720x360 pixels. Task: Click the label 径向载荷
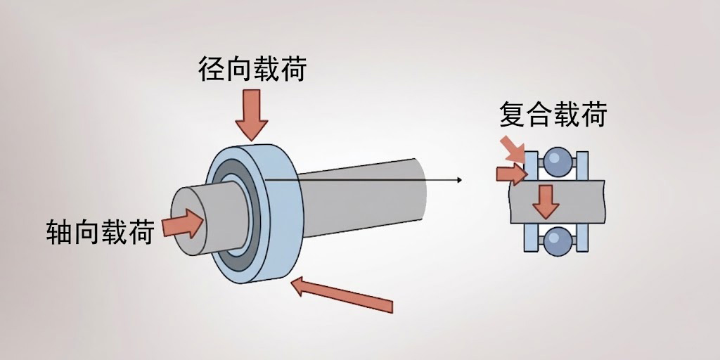(252, 70)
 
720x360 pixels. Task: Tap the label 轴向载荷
(99, 231)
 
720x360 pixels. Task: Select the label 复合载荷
(553, 115)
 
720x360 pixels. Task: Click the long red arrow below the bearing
(342, 295)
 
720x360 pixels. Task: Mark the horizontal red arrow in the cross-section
(510, 173)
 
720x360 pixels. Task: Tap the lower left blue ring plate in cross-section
(530, 239)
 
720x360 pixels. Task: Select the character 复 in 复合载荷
(513, 115)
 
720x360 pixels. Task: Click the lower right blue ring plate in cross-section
(583, 239)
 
